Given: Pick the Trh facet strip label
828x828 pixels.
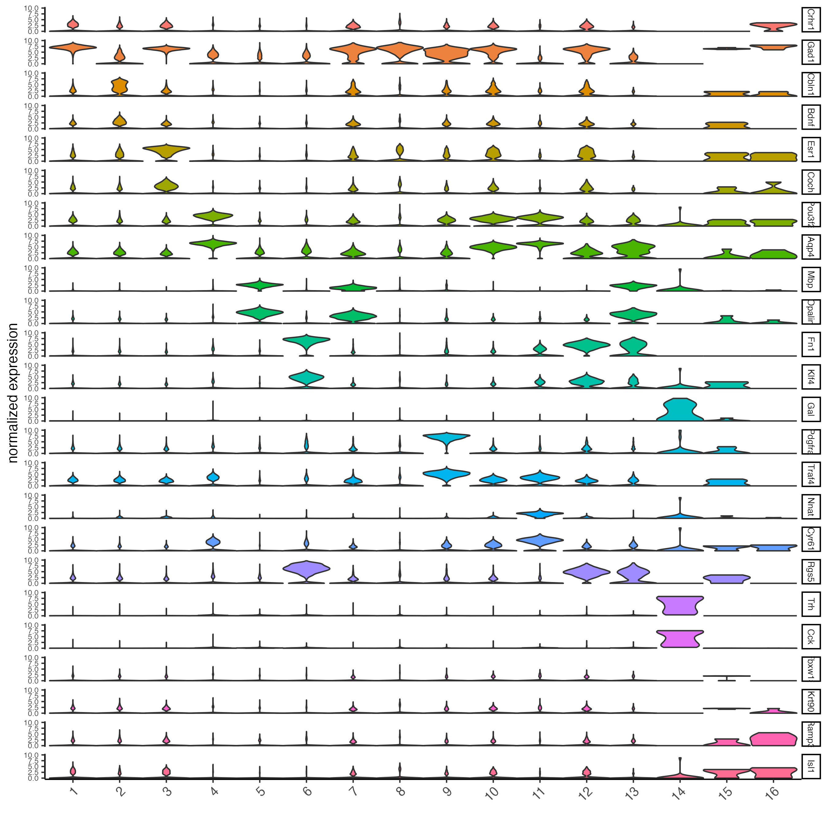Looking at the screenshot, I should [x=811, y=604].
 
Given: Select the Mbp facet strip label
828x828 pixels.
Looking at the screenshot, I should [x=811, y=279].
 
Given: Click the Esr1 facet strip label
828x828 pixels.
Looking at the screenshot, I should [x=811, y=149].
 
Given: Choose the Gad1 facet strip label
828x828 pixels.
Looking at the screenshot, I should [x=811, y=52].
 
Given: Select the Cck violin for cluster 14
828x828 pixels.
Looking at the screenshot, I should [x=680, y=638].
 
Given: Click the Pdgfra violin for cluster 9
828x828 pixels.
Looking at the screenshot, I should [x=447, y=438].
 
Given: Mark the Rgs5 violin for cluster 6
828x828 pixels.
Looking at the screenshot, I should [x=306, y=569].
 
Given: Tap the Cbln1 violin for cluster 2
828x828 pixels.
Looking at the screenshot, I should [x=120, y=86].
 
